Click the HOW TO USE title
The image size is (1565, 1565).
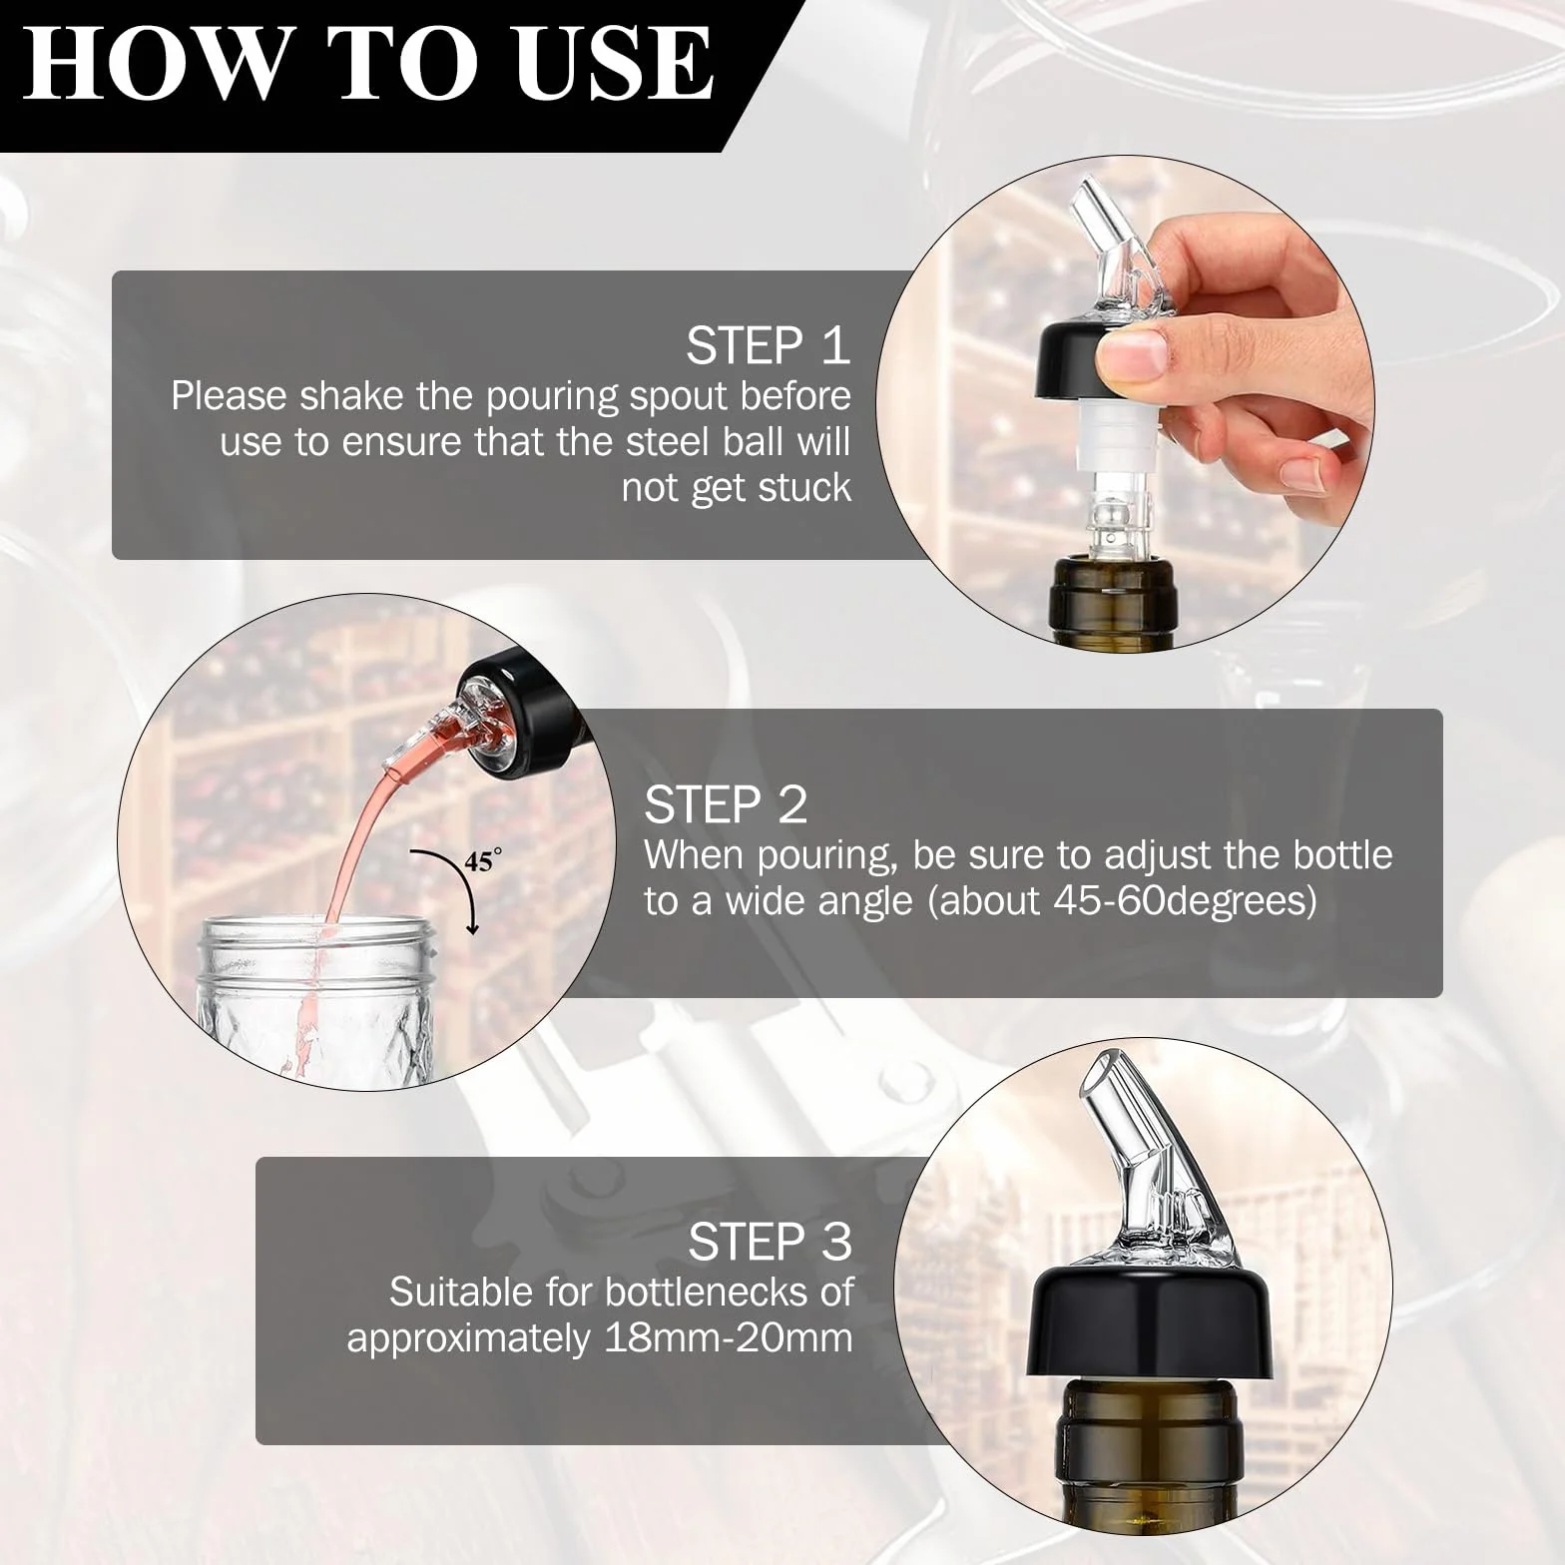coord(367,62)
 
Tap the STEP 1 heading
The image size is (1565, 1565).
coord(768,345)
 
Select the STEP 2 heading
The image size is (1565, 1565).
coord(726,804)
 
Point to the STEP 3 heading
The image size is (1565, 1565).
coord(770,1242)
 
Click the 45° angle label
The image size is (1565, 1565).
coord(482,859)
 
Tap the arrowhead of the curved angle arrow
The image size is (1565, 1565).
coord(472,927)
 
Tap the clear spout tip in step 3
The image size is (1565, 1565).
coord(1107,1077)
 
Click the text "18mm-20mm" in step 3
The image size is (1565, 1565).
coord(729,1337)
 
